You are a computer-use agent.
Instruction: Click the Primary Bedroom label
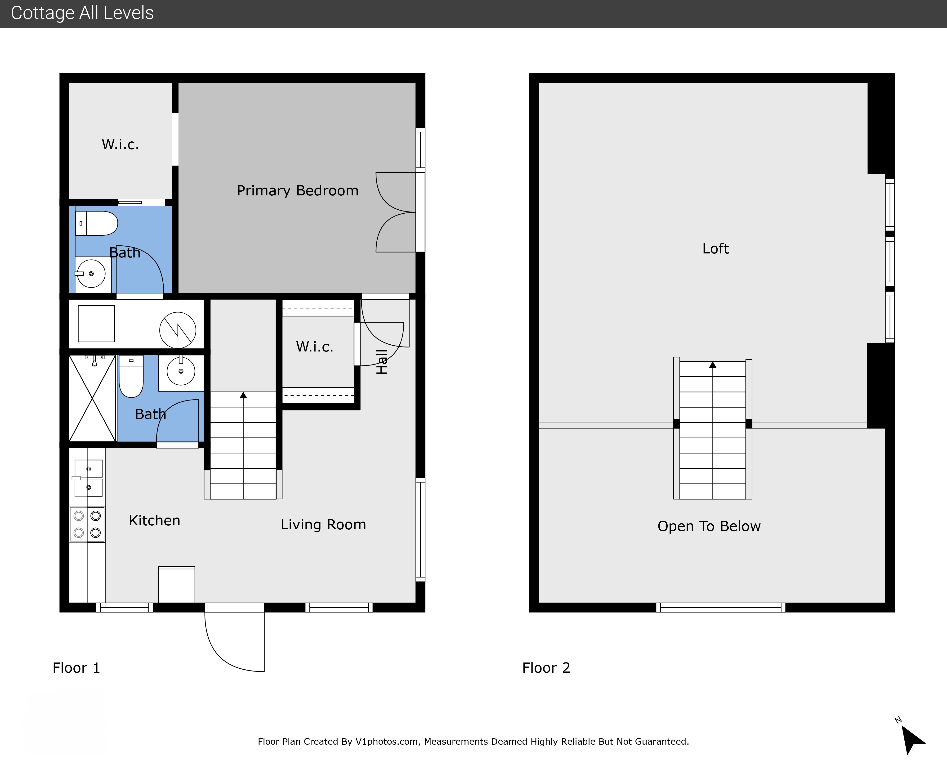(x=298, y=191)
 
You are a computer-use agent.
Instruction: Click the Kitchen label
(x=154, y=521)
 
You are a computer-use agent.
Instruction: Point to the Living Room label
(x=323, y=525)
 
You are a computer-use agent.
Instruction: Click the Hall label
(x=382, y=362)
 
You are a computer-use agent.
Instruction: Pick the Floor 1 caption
(x=76, y=668)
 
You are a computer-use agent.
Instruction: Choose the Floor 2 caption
(x=546, y=668)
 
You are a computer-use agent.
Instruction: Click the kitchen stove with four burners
(x=87, y=524)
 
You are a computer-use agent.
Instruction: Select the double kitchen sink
(x=88, y=478)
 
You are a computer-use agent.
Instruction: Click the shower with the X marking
(x=93, y=398)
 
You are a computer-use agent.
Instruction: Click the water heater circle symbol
(x=178, y=330)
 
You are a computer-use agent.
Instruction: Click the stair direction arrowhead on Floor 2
(x=713, y=365)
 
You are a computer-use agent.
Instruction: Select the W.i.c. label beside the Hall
(x=314, y=347)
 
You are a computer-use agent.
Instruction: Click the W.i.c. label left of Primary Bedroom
(x=121, y=144)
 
